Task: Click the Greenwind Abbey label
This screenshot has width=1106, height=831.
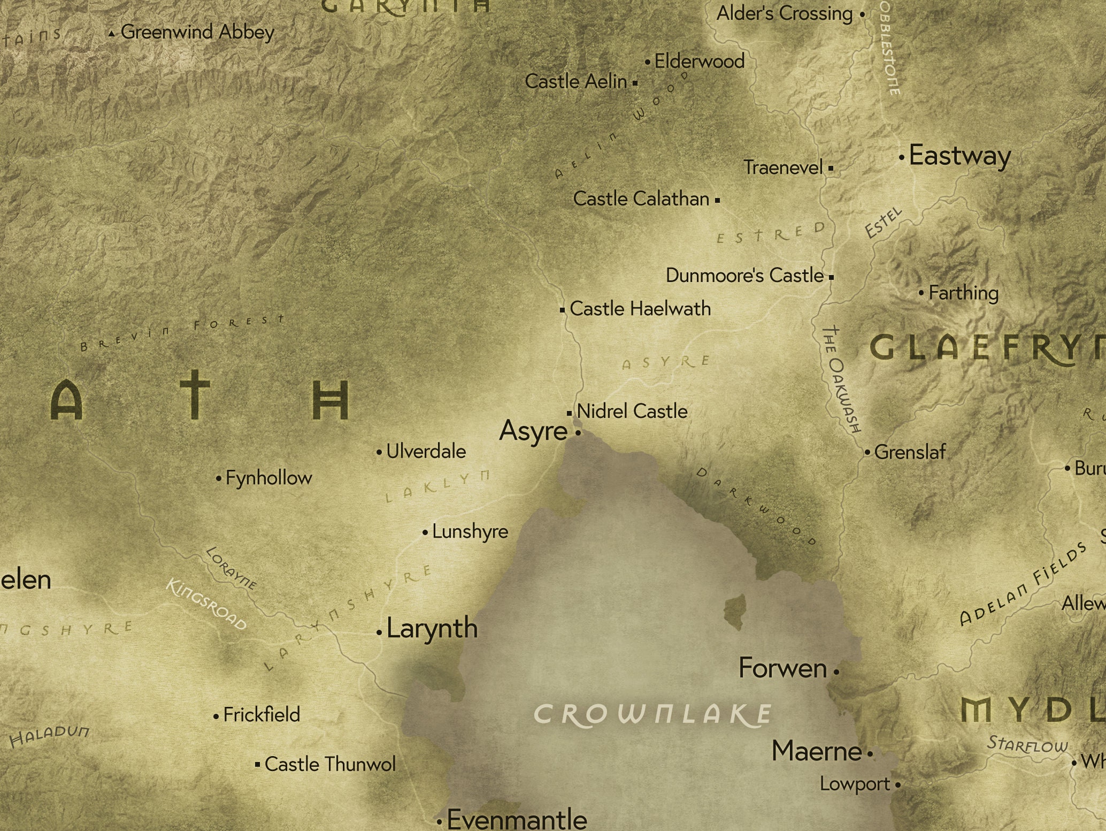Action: [x=197, y=32]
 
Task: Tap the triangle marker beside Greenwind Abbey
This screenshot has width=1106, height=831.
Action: [x=111, y=34]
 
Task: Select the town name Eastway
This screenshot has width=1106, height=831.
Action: [x=959, y=156]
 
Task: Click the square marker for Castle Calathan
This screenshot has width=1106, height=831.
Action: [x=717, y=201]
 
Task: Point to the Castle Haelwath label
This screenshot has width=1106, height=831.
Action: [x=640, y=309]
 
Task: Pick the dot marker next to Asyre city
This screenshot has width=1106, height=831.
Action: [x=578, y=432]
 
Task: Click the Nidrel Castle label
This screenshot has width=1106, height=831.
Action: [x=632, y=411]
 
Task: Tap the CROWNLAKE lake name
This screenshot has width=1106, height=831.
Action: [x=653, y=714]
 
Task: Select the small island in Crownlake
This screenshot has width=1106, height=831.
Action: [x=735, y=611]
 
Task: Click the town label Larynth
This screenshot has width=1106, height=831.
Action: [x=432, y=628]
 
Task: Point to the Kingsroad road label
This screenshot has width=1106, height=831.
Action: [x=206, y=604]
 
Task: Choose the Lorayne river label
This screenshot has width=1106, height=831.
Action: [x=231, y=568]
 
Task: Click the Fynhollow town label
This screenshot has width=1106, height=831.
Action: [x=268, y=478]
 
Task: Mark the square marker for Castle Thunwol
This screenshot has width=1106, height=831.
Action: [x=258, y=764]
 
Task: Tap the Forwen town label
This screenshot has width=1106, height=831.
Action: [x=782, y=668]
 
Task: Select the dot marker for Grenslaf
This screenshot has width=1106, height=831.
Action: [x=867, y=453]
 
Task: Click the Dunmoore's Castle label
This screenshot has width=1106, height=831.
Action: [x=744, y=276]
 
